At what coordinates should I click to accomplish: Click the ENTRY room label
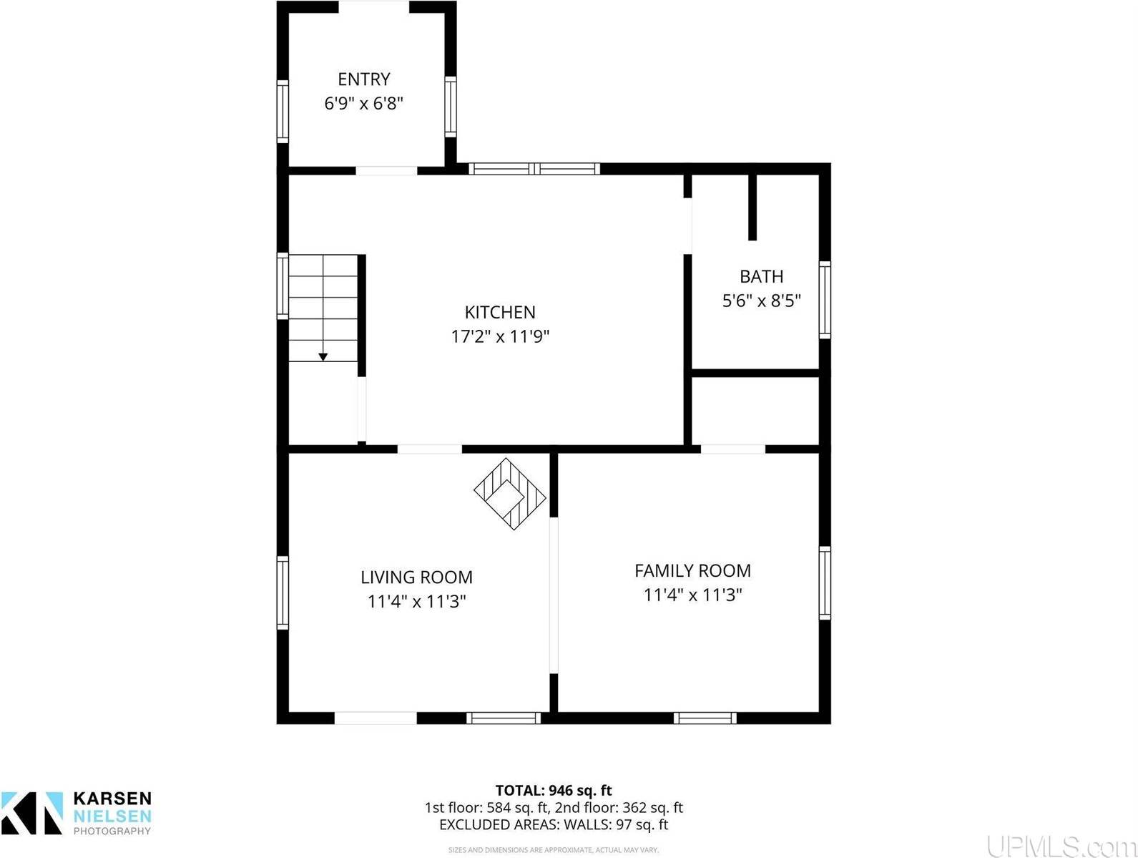coord(363,79)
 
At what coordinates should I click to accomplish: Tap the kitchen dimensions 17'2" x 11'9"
coord(499,336)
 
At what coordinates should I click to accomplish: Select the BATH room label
coord(761,276)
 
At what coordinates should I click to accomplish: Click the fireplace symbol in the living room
coord(510,494)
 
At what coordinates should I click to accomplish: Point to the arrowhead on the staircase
coord(323,356)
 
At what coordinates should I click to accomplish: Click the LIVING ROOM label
coord(416,577)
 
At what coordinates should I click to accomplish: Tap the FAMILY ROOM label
coord(692,570)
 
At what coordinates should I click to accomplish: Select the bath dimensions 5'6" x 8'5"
coord(761,301)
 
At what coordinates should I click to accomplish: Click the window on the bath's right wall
coord(825,299)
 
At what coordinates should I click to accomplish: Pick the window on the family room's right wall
coord(825,582)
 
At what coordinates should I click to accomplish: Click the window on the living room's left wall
coord(283,593)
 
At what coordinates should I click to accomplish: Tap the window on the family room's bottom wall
coord(705,718)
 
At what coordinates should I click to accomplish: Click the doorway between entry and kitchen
coord(386,170)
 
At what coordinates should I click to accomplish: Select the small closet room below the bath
coord(756,411)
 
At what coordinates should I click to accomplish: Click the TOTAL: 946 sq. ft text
coord(554,791)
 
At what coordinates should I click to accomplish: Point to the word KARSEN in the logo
coord(112,799)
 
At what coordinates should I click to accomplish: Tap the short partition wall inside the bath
coord(752,206)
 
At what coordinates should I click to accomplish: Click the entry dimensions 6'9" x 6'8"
coord(363,103)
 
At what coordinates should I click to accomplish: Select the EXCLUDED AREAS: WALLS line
coord(554,824)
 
